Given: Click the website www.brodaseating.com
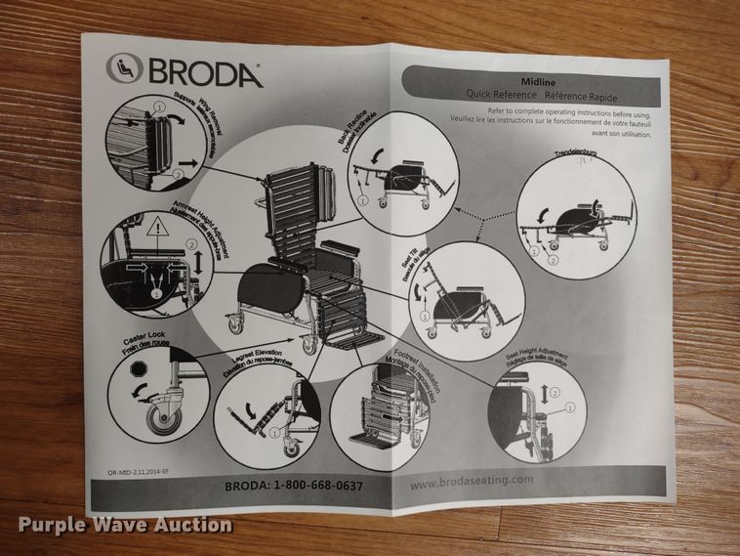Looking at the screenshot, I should pos(471,480).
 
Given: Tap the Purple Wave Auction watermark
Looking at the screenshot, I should pos(117,525).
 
